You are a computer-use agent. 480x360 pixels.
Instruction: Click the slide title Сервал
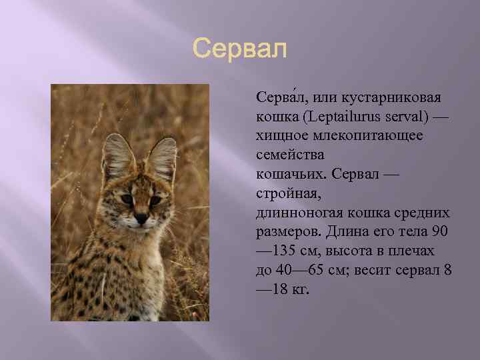tap(239, 49)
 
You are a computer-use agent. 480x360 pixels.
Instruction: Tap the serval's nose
tap(142, 217)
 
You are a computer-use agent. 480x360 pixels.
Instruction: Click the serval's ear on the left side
tap(117, 155)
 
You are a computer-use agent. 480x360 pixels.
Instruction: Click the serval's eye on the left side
tap(127, 199)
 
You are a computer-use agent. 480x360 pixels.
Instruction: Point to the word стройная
tap(286, 193)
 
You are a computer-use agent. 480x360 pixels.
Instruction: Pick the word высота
tap(353, 251)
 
